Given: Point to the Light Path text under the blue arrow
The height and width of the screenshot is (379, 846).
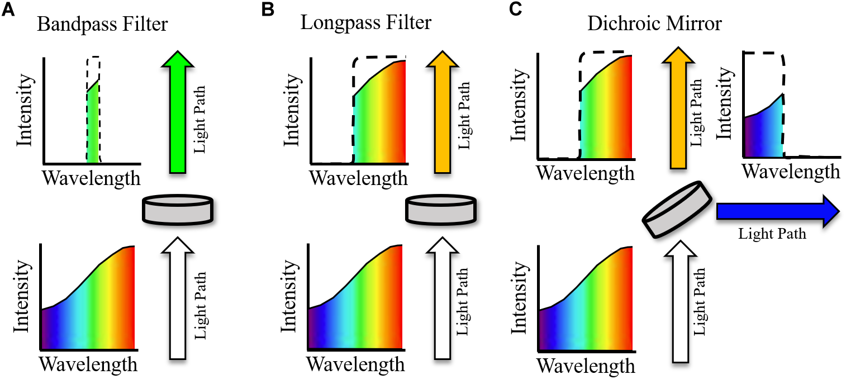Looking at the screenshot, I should click(773, 234).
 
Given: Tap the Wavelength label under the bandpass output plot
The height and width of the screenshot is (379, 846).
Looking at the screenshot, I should click(92, 178).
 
